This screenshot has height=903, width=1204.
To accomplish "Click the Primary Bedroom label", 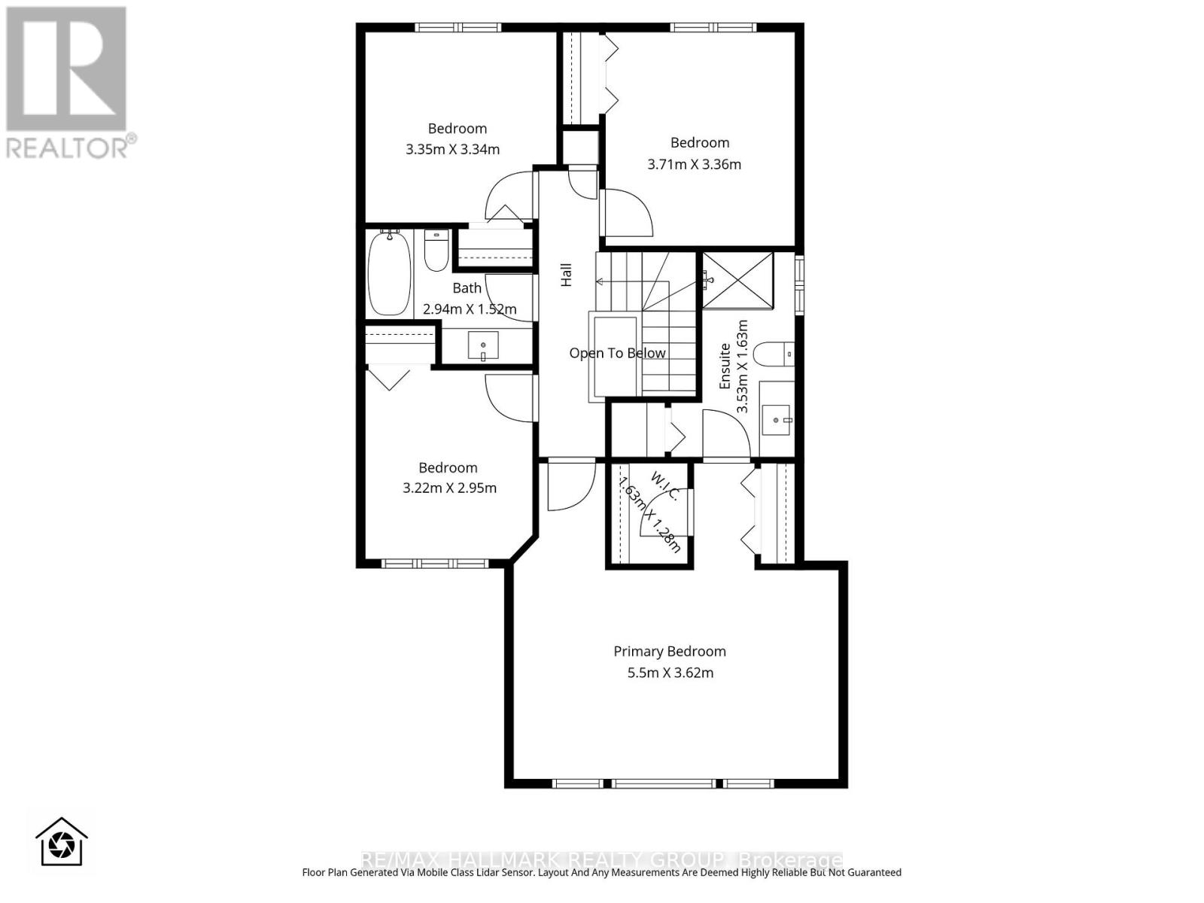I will (x=669, y=652).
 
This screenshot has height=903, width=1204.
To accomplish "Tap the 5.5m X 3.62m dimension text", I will (x=670, y=673).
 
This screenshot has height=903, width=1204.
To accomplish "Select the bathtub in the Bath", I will (x=389, y=273).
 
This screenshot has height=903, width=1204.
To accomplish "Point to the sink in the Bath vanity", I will (x=482, y=347).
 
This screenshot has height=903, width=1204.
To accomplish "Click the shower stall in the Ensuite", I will (x=737, y=281).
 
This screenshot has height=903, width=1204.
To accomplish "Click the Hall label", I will (x=567, y=275).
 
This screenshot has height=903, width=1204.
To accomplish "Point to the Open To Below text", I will (x=617, y=353).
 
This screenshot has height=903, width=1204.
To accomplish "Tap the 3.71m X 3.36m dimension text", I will (x=694, y=164).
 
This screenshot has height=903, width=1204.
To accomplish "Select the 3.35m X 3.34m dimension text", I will (x=452, y=149).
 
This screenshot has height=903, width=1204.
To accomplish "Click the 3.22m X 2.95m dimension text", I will (x=449, y=488).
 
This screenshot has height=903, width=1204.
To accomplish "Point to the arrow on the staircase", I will (x=602, y=282).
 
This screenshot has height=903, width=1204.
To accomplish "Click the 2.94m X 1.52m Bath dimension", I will (x=470, y=309).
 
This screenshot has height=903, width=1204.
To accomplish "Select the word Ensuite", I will (x=725, y=366).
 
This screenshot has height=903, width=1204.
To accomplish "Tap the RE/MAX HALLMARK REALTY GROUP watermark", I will (x=602, y=859).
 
